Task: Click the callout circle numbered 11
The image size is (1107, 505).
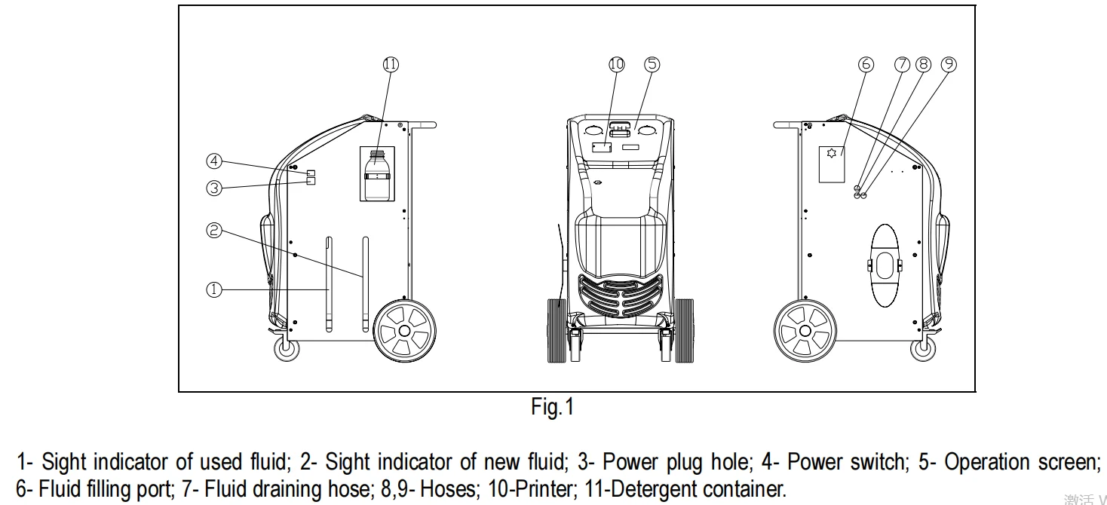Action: (x=390, y=65)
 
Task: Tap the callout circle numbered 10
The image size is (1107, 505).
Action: (x=617, y=65)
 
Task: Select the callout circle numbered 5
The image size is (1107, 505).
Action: (x=652, y=65)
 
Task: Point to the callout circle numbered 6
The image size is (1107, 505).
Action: (x=866, y=65)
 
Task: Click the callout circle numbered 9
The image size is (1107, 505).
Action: (x=949, y=65)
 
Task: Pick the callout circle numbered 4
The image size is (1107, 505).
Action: (x=214, y=161)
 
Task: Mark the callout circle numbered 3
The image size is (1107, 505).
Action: (x=214, y=188)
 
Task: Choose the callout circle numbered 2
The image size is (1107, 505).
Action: (x=214, y=231)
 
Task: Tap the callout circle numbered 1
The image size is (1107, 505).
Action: (x=214, y=289)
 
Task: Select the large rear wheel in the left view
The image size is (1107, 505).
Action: (x=405, y=330)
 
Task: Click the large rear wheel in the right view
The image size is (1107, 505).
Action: (x=805, y=330)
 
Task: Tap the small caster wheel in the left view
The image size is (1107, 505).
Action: (x=286, y=350)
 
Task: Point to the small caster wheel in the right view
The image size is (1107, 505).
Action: (x=924, y=350)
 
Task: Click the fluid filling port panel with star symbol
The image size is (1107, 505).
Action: (x=832, y=164)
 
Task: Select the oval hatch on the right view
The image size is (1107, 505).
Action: (x=885, y=265)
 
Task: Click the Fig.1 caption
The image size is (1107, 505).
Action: (x=553, y=408)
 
